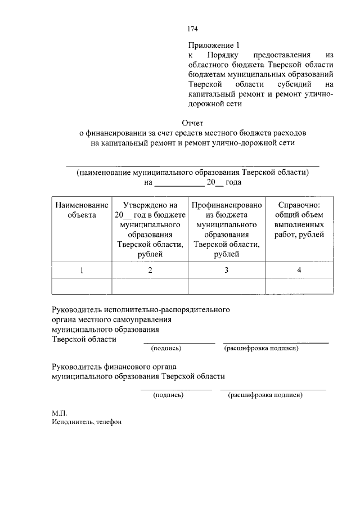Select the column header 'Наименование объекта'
point(82,210)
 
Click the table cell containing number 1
point(82,271)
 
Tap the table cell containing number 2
point(150,271)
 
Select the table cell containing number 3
point(226,271)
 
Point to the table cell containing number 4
point(299,271)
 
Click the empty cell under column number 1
point(82,286)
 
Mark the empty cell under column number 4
point(299,286)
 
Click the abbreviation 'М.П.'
point(59,412)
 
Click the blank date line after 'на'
point(179,184)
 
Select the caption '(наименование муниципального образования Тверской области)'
point(193,172)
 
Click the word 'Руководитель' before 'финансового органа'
point(76,366)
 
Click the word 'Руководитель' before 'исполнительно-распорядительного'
point(76,309)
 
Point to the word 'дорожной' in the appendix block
point(205,104)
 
